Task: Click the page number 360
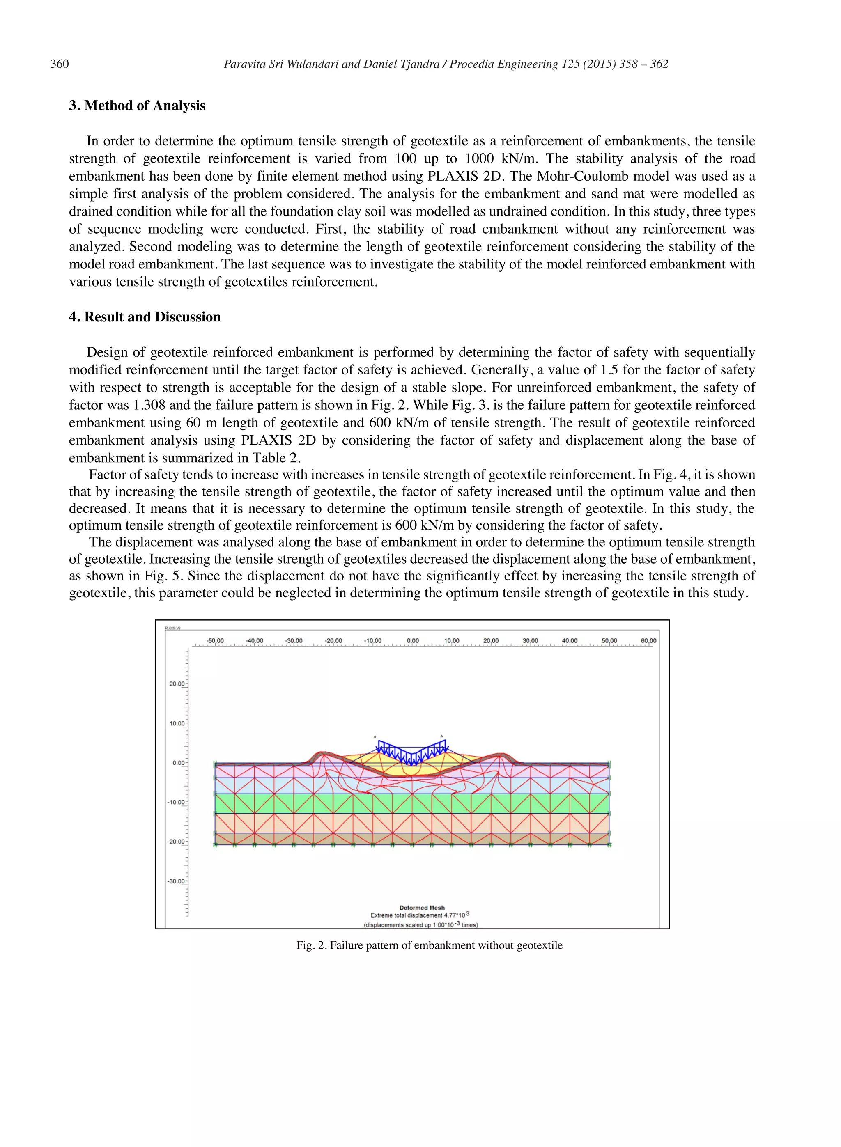coord(60,64)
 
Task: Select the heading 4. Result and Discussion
coord(145,317)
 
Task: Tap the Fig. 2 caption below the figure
coord(429,945)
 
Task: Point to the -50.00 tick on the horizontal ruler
coord(215,641)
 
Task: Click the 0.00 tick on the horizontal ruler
coord(412,641)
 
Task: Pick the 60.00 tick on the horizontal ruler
coord(648,641)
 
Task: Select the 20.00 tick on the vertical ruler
coord(177,684)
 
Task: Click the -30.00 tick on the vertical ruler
coord(176,881)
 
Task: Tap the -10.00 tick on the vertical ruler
coord(176,802)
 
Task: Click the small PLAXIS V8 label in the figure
coord(172,628)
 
